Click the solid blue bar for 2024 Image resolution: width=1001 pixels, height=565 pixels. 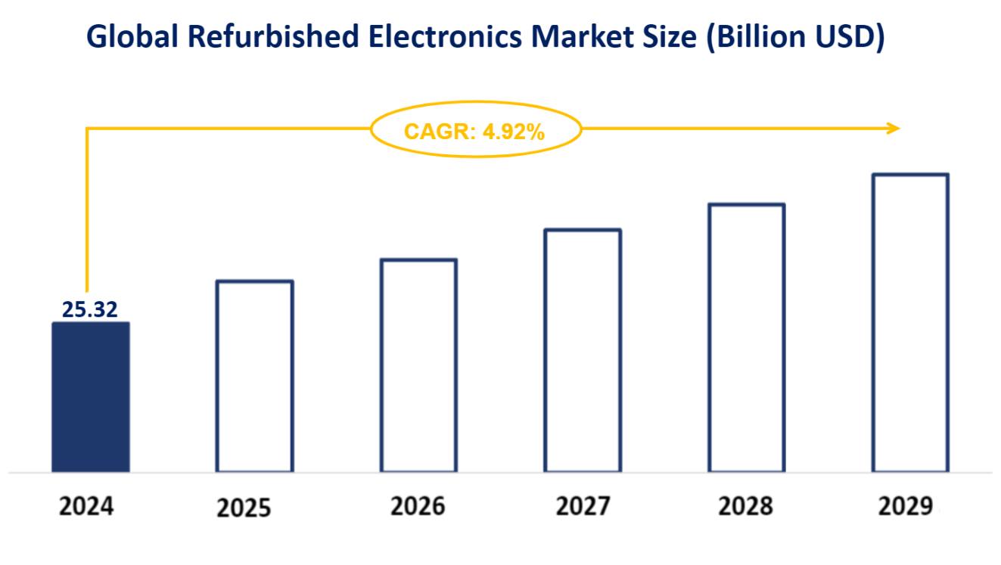[x=90, y=397]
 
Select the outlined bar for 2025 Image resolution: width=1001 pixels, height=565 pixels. [x=254, y=377]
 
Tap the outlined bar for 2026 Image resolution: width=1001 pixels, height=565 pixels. [x=418, y=366]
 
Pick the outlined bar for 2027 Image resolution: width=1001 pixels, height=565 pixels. [x=583, y=351]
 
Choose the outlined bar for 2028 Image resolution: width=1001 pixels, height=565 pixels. [x=746, y=338]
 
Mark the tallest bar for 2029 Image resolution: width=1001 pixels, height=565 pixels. [x=909, y=323]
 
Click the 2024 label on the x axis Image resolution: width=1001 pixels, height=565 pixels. [x=86, y=505]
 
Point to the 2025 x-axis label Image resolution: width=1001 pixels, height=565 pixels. [x=243, y=508]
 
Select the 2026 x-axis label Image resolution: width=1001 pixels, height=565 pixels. [x=418, y=505]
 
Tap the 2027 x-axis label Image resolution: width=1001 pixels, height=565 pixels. [x=582, y=505]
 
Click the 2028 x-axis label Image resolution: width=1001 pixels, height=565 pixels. [x=745, y=505]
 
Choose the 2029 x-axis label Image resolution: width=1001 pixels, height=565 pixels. [x=906, y=505]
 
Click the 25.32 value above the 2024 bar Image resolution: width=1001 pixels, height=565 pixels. [x=90, y=309]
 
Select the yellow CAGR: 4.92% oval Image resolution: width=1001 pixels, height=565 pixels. [x=475, y=131]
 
